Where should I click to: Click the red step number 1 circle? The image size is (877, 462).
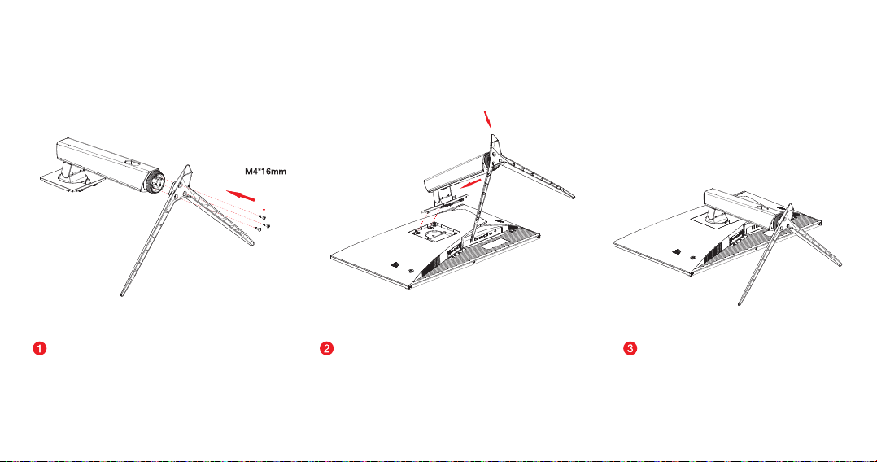click(40, 348)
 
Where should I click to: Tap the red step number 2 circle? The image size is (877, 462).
click(327, 348)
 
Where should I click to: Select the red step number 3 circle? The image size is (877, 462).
click(630, 348)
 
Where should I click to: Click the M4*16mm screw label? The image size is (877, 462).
click(266, 171)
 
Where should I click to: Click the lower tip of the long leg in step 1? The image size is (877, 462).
click(123, 294)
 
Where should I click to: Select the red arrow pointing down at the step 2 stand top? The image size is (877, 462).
click(488, 119)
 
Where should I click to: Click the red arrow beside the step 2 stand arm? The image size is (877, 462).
click(469, 184)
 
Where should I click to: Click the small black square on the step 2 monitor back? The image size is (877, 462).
click(395, 264)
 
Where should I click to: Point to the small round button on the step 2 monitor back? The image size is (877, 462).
click(412, 270)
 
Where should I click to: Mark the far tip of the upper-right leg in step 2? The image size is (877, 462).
click(573, 195)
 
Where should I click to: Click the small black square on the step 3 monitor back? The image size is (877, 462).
click(676, 251)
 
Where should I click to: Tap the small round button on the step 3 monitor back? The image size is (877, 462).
click(692, 257)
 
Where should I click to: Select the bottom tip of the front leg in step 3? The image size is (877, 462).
click(740, 303)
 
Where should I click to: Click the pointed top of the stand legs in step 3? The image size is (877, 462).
click(790, 206)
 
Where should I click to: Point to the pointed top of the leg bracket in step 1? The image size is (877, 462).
click(187, 167)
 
